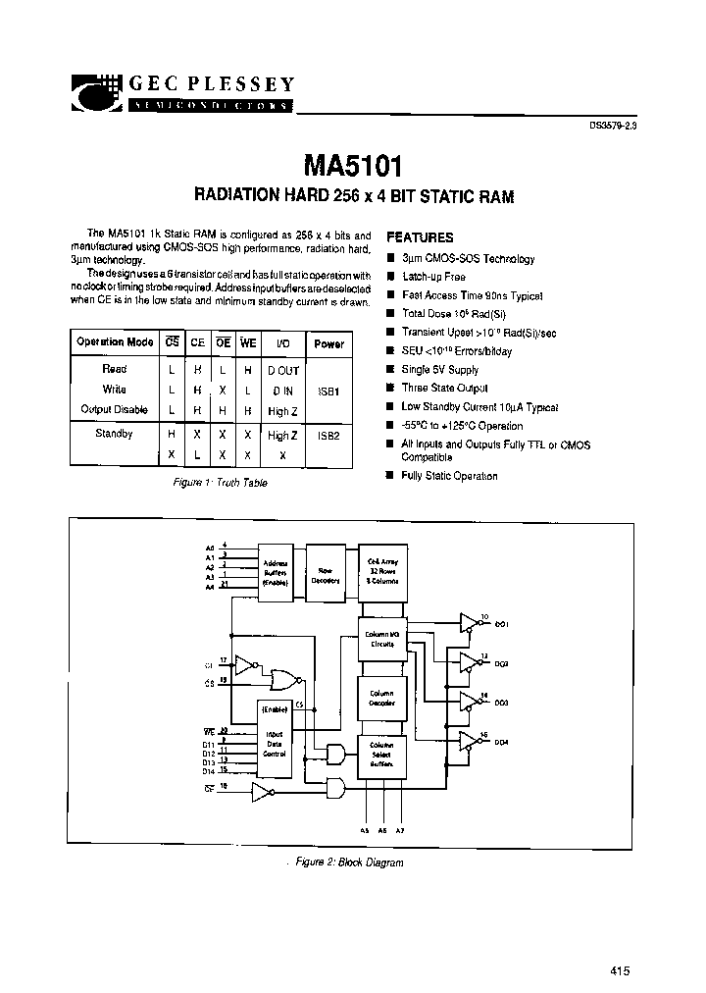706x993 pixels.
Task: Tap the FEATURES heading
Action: coord(420,237)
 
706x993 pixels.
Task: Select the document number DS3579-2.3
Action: coord(618,125)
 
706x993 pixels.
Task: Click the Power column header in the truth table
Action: coord(328,343)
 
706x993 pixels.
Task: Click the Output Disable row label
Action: coord(114,408)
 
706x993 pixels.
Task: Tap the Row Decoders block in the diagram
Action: coord(326,571)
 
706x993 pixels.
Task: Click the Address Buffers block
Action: coord(276,571)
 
